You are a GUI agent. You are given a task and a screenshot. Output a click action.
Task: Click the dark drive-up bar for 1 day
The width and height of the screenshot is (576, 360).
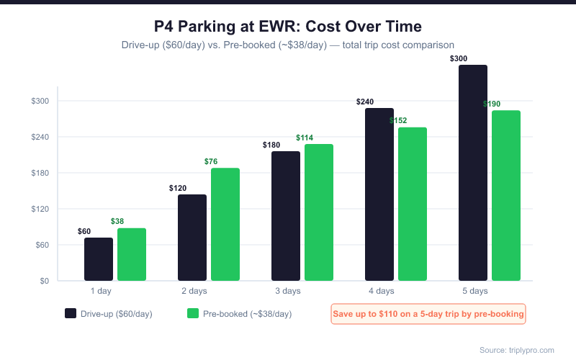pos(99,259)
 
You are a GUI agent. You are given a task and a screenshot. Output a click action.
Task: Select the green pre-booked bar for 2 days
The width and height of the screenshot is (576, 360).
pos(225,224)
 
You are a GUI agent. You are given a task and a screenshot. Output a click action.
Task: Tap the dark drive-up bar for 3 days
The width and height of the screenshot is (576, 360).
pos(286,216)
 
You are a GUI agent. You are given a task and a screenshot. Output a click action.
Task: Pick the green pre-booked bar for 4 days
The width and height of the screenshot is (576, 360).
pos(413,204)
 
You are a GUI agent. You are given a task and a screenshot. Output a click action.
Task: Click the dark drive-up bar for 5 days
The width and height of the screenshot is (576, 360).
pos(473,173)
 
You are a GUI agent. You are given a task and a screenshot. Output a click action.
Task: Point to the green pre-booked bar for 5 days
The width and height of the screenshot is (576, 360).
pos(506,195)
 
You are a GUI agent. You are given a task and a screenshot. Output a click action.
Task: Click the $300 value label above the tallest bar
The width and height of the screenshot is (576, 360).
pos(459,58)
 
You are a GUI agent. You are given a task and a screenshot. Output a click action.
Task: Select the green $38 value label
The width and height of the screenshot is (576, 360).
pos(118,221)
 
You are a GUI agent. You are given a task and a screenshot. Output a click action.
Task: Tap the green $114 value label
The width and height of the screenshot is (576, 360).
pos(305,138)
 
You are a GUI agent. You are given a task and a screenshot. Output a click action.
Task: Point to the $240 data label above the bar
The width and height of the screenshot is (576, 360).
pos(365,102)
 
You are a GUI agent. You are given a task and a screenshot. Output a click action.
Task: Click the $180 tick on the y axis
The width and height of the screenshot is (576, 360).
pos(40,173)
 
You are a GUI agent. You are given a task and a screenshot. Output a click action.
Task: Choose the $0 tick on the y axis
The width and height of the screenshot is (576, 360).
pos(44,281)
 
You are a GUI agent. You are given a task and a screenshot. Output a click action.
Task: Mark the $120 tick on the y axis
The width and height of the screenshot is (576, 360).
pos(40,209)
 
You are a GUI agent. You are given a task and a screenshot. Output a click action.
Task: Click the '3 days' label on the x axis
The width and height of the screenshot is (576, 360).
pos(287,291)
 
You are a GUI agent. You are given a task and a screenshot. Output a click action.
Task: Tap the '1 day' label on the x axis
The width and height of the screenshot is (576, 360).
pos(100,291)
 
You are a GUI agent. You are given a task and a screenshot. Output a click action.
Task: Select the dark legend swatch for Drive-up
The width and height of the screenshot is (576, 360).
pos(71,313)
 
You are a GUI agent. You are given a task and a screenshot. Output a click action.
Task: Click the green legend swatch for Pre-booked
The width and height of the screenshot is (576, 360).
pos(192,313)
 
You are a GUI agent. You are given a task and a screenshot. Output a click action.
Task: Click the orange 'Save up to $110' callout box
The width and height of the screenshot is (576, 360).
pos(428,314)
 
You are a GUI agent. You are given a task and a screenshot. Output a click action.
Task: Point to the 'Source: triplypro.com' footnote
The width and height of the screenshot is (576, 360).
pos(517,350)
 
